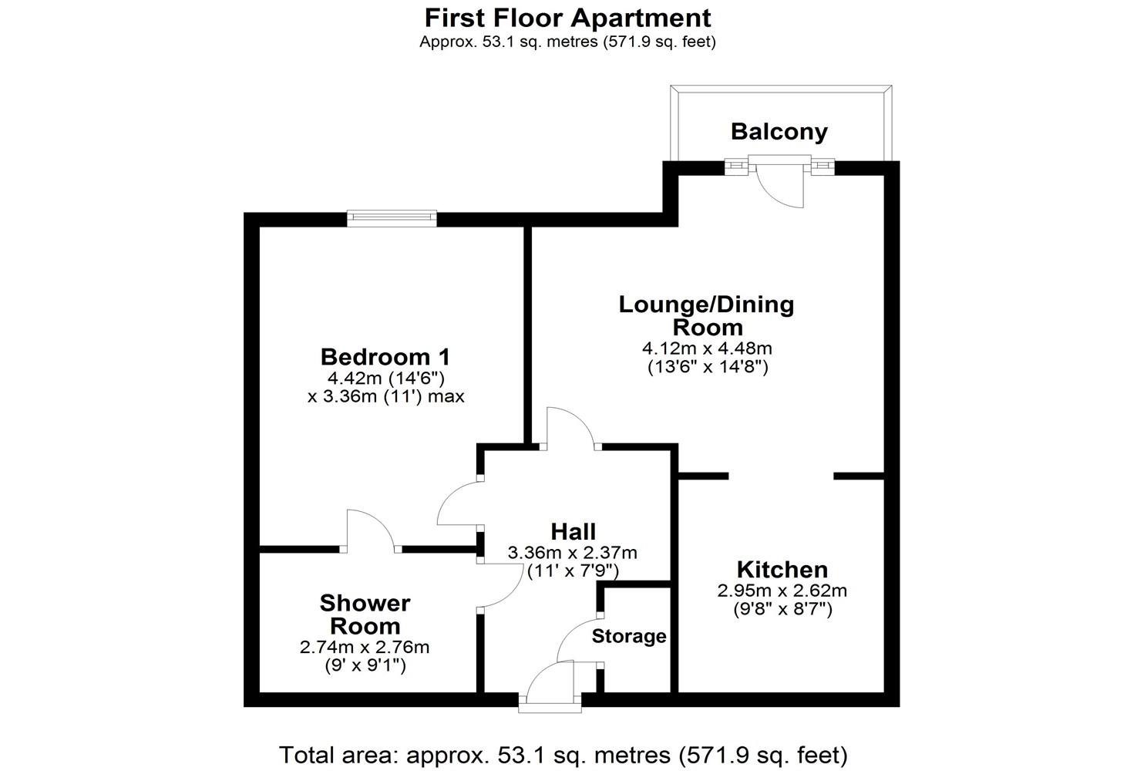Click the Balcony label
point(779,131)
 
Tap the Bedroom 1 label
point(385,357)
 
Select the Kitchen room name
point(782,570)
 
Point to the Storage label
point(629,636)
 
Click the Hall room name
point(573,531)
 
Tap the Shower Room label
point(365,614)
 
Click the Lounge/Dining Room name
point(706,315)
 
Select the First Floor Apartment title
point(567,17)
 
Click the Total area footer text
point(563,754)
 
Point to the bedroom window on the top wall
point(392,218)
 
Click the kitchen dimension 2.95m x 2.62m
point(782,591)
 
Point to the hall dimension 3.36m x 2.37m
point(572,553)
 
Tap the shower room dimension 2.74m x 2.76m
point(364,647)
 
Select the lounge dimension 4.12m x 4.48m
point(707,348)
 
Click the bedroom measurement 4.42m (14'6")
point(385,378)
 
